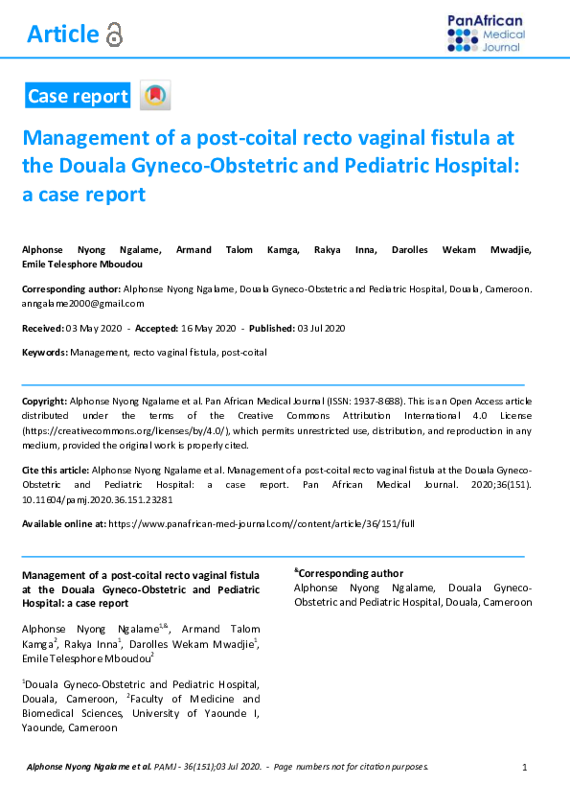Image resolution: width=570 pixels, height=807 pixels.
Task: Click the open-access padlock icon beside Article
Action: click(115, 35)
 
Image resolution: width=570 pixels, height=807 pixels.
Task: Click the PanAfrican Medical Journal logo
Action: click(486, 34)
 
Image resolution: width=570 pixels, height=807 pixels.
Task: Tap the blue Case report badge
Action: click(78, 96)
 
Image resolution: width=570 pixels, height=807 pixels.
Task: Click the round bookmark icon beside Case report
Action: click(155, 96)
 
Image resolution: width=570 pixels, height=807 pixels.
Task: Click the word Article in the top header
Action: click(63, 35)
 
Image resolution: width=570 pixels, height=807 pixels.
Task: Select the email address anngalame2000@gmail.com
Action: click(83, 303)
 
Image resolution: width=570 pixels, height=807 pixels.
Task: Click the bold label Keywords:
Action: click(45, 353)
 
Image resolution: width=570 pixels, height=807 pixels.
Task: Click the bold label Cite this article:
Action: click(55, 471)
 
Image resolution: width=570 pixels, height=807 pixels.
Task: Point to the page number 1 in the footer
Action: click(525, 767)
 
